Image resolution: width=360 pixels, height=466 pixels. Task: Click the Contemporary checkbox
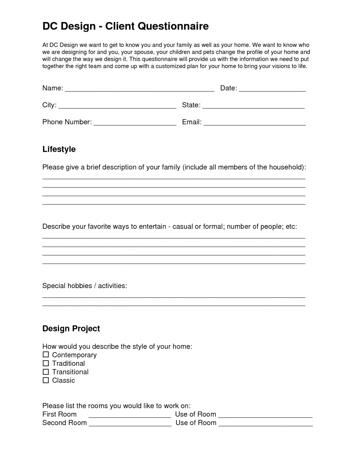tap(46, 355)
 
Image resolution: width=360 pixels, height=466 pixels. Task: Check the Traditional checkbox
tap(46, 363)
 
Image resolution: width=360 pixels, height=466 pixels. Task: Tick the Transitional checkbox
tap(46, 372)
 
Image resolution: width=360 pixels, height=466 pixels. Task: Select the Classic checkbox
tap(46, 380)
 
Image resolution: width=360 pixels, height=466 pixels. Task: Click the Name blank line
tap(139, 90)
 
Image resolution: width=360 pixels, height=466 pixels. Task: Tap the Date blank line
tap(272, 90)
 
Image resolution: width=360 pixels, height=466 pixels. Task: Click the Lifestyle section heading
tap(59, 149)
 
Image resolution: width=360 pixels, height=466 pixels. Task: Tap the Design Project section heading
tap(71, 329)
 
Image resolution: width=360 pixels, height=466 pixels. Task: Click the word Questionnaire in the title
tap(173, 26)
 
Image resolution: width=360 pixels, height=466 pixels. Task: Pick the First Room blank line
tap(130, 416)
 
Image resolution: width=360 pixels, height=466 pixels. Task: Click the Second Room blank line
tap(130, 425)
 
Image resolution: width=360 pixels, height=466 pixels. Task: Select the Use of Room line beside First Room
tap(265, 416)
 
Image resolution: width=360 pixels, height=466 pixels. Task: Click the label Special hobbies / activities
tap(85, 286)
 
